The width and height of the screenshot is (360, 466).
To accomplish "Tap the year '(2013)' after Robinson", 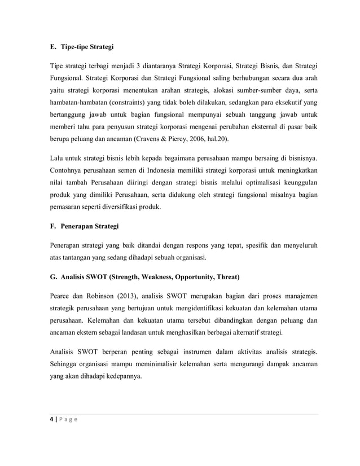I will [127, 295].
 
